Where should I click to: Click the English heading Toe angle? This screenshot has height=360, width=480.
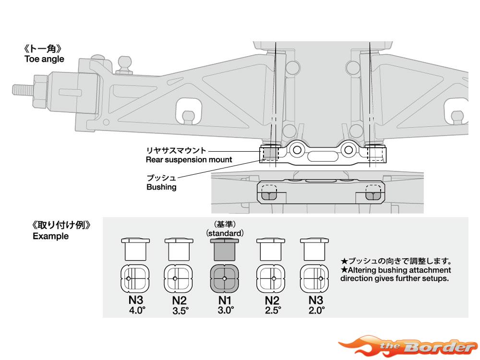pyautogui.click(x=44, y=59)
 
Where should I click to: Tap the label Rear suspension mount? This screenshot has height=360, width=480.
pyautogui.click(x=189, y=159)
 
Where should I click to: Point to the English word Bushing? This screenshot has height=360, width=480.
pyautogui.click(x=161, y=187)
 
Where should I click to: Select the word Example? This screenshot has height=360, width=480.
pyautogui.click(x=50, y=236)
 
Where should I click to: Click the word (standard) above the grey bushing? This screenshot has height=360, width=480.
pyautogui.click(x=225, y=233)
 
